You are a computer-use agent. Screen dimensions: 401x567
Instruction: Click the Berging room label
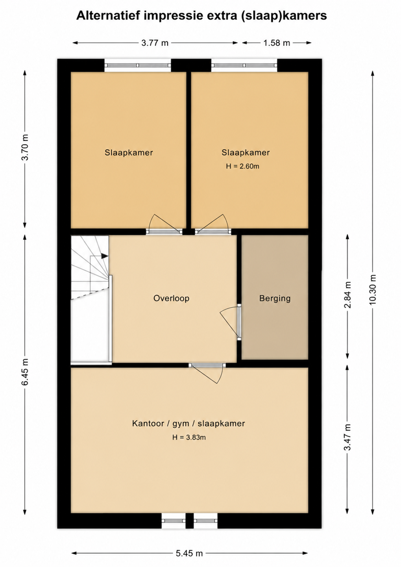click(x=275, y=298)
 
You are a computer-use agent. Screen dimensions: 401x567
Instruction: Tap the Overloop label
click(x=171, y=298)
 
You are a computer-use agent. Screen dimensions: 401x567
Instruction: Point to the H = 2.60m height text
click(x=243, y=166)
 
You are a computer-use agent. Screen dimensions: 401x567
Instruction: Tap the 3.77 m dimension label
click(x=155, y=43)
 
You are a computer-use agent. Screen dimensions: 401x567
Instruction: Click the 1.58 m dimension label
click(x=277, y=43)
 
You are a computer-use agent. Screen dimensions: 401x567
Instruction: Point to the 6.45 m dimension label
click(x=25, y=372)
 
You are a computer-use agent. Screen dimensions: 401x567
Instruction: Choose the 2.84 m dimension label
click(x=347, y=295)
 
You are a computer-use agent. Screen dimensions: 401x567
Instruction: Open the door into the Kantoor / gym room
click(x=207, y=373)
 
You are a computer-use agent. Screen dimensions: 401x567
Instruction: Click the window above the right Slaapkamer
click(x=244, y=65)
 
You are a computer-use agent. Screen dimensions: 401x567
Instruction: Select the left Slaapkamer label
click(x=129, y=153)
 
